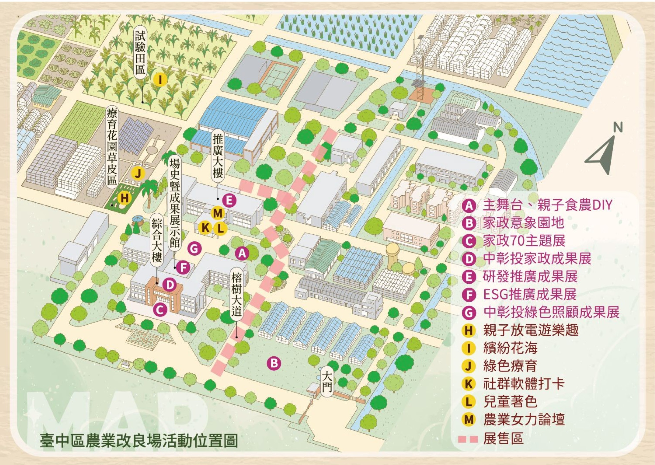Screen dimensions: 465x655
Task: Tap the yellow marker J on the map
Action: [x=138, y=173]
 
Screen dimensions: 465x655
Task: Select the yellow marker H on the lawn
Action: [x=124, y=198]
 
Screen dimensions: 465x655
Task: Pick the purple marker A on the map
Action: [x=242, y=253]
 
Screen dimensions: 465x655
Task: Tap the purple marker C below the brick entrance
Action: [x=160, y=310]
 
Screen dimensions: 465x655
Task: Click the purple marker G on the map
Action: [x=194, y=248]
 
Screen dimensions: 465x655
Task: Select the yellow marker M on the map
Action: [x=218, y=213]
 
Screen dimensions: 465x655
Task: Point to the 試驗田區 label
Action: [x=140, y=53]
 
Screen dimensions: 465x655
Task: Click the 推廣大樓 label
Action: [x=218, y=156]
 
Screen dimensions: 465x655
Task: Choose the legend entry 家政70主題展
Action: [x=524, y=241]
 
